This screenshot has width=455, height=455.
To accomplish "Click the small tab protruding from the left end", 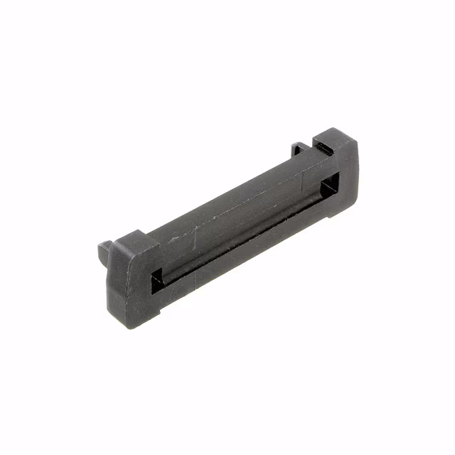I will click(x=105, y=250).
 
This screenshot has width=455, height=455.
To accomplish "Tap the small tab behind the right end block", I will click(x=299, y=150).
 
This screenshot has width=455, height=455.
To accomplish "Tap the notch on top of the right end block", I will click(x=323, y=146).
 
